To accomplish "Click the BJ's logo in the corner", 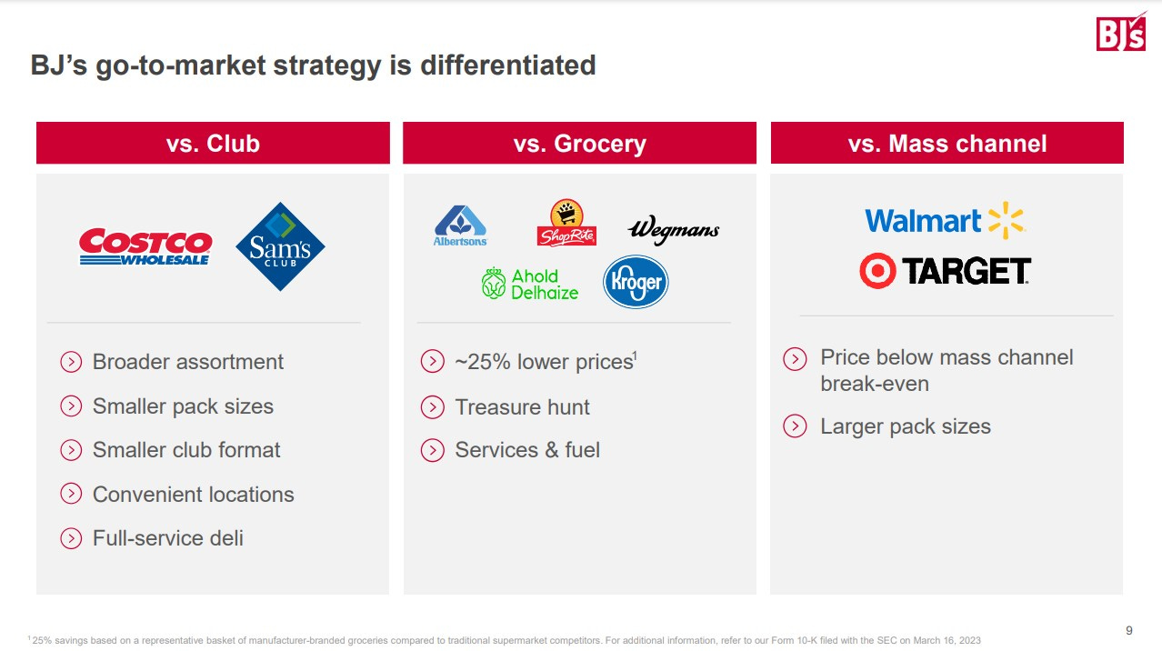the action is pos(1120,31).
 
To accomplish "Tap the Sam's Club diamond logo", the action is pos(280,246).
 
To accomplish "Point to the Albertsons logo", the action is pos(460,225).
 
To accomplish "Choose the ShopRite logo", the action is pos(566,223).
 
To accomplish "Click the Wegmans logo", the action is pos(674,229).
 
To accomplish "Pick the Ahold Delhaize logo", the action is pos(530,284).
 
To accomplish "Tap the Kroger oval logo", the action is pos(636,282).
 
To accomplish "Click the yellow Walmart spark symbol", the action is pos(1006,220).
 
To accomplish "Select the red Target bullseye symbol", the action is pos(877,271).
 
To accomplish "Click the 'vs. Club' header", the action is pos(213,143).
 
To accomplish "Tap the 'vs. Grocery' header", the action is pos(579,143).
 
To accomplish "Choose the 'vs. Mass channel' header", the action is pos(947,143).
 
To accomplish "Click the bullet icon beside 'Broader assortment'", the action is pos(71,362).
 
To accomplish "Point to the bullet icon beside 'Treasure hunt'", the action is pos(432,407).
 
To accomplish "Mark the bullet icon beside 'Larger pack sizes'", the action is pos(795,426).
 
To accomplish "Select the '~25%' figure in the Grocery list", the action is pos(483,362).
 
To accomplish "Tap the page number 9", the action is pos(1129,630).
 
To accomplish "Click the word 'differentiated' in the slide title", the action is pos(508,65).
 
